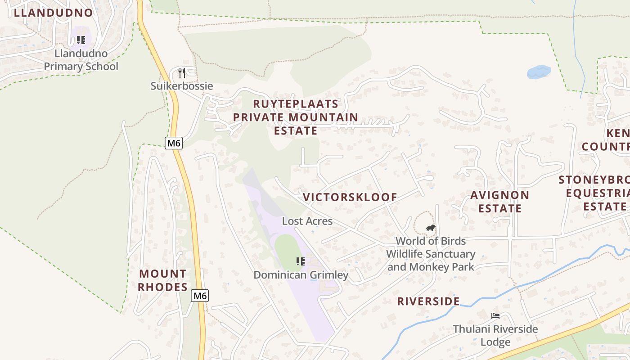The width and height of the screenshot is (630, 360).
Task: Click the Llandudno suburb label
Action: (x=53, y=13)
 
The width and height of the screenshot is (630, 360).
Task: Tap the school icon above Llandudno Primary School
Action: (x=81, y=40)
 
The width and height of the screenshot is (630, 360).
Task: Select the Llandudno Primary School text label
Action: (x=81, y=60)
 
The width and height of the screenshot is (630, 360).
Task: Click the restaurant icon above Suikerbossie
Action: (x=182, y=72)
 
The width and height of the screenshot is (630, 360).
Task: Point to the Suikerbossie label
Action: (x=182, y=86)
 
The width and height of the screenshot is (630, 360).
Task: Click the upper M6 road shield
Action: (x=174, y=143)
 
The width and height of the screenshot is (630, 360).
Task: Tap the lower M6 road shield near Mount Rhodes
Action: (x=200, y=296)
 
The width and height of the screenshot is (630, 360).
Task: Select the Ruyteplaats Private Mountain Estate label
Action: (x=296, y=117)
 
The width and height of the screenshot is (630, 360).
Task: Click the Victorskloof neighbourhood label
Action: (x=350, y=197)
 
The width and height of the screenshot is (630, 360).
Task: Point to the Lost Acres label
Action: (x=307, y=221)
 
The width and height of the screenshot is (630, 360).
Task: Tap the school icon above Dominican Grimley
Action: (x=301, y=261)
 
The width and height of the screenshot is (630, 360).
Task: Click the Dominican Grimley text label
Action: (x=301, y=275)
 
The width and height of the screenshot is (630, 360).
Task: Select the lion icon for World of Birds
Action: (x=431, y=228)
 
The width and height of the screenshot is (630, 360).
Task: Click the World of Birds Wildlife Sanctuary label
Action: (x=431, y=254)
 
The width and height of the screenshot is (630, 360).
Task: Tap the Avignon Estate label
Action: (x=500, y=202)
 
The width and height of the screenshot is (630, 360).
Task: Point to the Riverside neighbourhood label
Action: (x=428, y=301)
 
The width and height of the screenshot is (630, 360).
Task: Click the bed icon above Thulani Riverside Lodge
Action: (x=495, y=315)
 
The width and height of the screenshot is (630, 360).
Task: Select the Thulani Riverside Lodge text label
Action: (x=495, y=335)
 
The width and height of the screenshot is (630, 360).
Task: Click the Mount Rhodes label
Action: (x=162, y=280)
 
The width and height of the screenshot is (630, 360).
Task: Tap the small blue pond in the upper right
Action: (x=539, y=72)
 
